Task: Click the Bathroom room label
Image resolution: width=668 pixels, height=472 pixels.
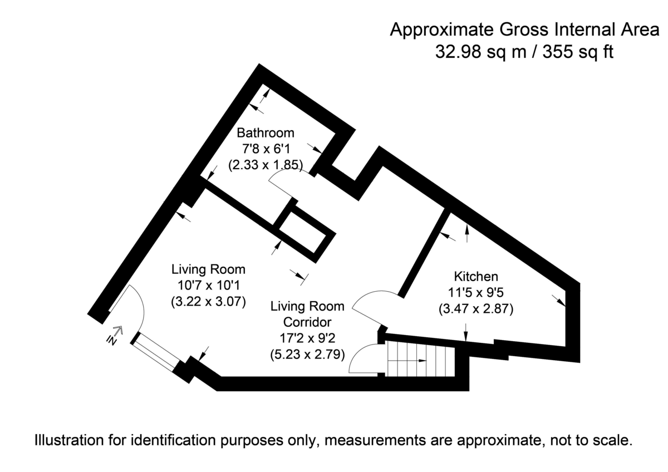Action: click(266, 132)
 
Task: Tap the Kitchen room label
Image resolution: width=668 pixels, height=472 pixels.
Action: click(476, 277)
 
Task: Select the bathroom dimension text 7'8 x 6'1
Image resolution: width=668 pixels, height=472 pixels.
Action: click(266, 149)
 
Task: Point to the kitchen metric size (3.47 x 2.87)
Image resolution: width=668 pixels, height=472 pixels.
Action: click(476, 308)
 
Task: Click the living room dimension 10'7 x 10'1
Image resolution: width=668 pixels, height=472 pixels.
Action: click(208, 286)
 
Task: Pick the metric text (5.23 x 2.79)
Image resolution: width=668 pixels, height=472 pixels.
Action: click(307, 355)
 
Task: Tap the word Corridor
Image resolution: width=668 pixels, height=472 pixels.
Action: click(307, 322)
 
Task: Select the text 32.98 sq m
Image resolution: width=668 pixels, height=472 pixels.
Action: click(480, 52)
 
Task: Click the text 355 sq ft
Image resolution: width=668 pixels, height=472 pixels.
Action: click(578, 52)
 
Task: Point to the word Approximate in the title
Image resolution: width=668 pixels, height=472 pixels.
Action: click(442, 30)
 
